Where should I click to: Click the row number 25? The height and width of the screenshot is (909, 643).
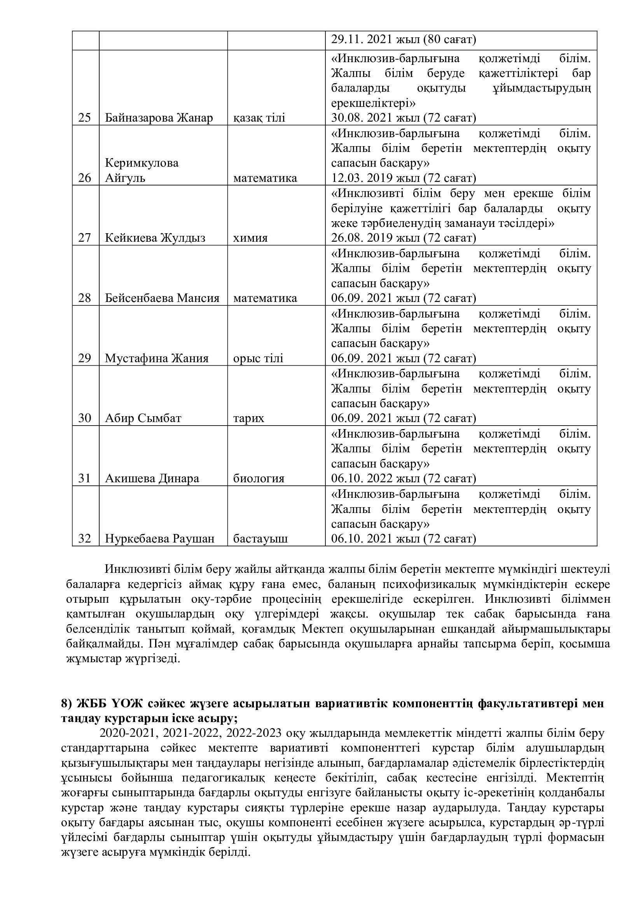tap(85, 118)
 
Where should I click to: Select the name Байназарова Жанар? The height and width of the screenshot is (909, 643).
tap(159, 118)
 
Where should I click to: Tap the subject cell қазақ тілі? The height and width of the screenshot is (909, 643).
tap(259, 118)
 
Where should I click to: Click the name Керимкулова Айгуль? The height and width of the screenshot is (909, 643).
tap(142, 170)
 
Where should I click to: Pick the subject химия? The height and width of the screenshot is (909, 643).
tap(250, 238)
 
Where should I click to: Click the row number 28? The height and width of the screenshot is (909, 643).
tap(85, 298)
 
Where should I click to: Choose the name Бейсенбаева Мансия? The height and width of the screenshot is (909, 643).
tap(162, 298)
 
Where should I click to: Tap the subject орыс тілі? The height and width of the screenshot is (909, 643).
tap(258, 358)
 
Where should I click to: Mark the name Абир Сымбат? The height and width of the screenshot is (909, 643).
tap(143, 418)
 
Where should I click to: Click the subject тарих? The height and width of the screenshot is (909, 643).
tap(249, 418)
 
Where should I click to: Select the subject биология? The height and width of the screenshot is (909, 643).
tap(259, 479)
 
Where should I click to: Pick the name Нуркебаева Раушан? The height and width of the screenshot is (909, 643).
tap(159, 539)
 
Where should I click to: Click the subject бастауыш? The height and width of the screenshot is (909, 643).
tap(260, 539)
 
